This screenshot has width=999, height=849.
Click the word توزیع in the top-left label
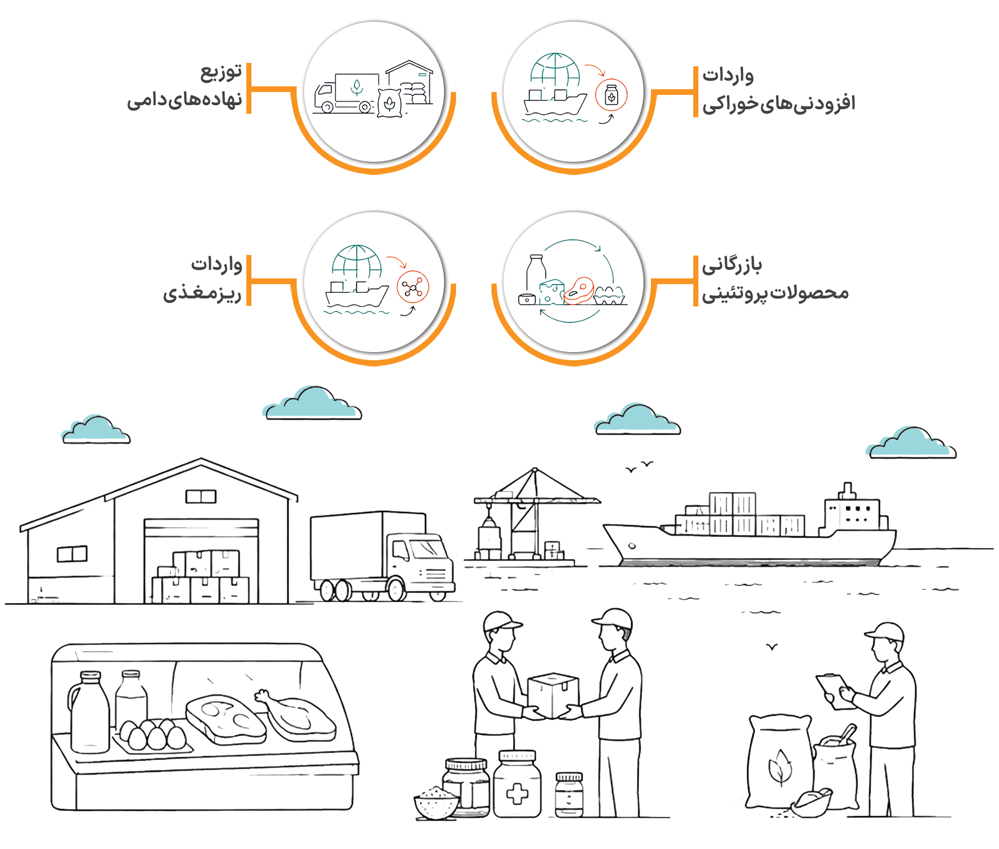[221, 73]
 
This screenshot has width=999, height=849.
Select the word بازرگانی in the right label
[732, 264]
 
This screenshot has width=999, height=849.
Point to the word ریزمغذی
[202, 292]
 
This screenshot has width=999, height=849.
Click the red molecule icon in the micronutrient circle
[413, 287]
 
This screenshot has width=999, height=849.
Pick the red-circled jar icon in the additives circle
[612, 95]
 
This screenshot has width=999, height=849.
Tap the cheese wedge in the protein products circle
[552, 292]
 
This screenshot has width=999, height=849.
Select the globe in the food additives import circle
[555, 71]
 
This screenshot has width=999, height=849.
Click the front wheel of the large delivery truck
[396, 589]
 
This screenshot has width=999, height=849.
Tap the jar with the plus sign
[517, 784]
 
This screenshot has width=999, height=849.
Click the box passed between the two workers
[553, 695]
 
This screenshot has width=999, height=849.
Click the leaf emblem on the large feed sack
[780, 767]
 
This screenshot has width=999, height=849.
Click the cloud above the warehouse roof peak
[96, 430]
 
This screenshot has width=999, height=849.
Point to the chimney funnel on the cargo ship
[847, 491]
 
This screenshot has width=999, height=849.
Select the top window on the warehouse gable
[201, 496]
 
